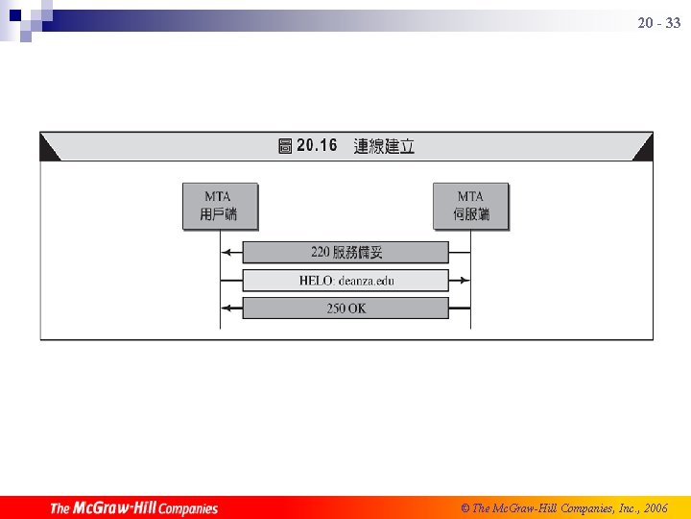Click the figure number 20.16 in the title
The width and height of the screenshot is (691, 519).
317,146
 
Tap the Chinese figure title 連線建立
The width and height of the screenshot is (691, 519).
384,146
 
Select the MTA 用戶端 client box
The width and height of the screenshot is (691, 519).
220,206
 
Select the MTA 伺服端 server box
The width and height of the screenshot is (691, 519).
470,206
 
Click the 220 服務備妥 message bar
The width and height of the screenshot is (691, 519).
345,252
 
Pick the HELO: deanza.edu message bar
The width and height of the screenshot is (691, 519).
345,281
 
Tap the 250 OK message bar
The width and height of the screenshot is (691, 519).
345,309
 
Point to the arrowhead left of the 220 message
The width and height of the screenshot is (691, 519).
226,252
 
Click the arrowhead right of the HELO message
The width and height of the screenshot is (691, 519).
465,281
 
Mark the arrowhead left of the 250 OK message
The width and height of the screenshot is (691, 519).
226,309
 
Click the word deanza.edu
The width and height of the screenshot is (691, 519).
366,281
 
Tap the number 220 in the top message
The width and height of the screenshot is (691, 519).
321,252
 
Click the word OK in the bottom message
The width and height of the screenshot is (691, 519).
356,309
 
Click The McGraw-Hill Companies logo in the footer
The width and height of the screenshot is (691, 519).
133,507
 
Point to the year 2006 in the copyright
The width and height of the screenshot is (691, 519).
655,507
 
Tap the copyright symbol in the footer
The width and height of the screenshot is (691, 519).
465,507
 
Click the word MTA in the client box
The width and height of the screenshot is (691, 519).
218,197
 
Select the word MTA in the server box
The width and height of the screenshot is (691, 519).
470,197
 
